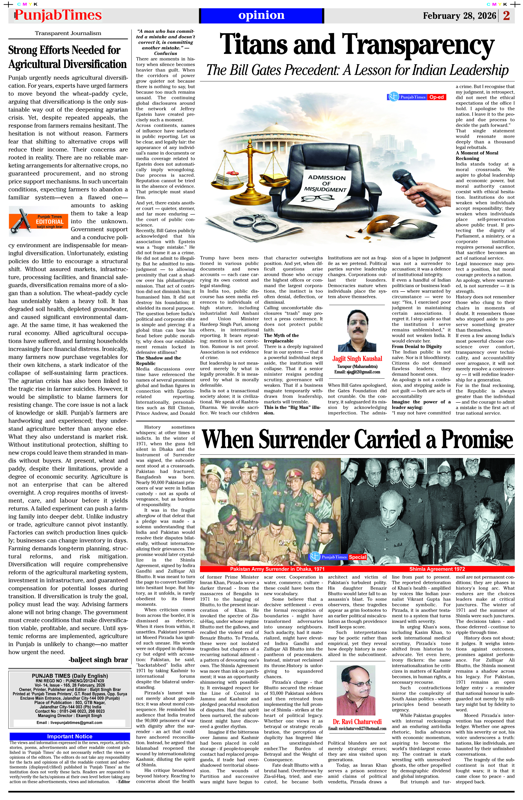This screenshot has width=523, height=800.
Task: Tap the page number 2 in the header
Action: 507,16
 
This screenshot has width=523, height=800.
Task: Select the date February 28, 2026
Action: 459,16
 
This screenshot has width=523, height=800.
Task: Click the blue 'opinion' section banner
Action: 261,15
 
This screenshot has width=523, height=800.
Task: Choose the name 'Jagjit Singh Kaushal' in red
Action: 357,359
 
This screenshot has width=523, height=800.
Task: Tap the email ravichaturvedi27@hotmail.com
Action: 357,728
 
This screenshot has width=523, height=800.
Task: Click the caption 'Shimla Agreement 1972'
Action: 437,569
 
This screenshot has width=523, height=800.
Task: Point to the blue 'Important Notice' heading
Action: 70,736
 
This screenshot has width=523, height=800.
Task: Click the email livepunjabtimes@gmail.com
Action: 69,722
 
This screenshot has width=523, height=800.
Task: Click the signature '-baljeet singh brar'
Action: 98,660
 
